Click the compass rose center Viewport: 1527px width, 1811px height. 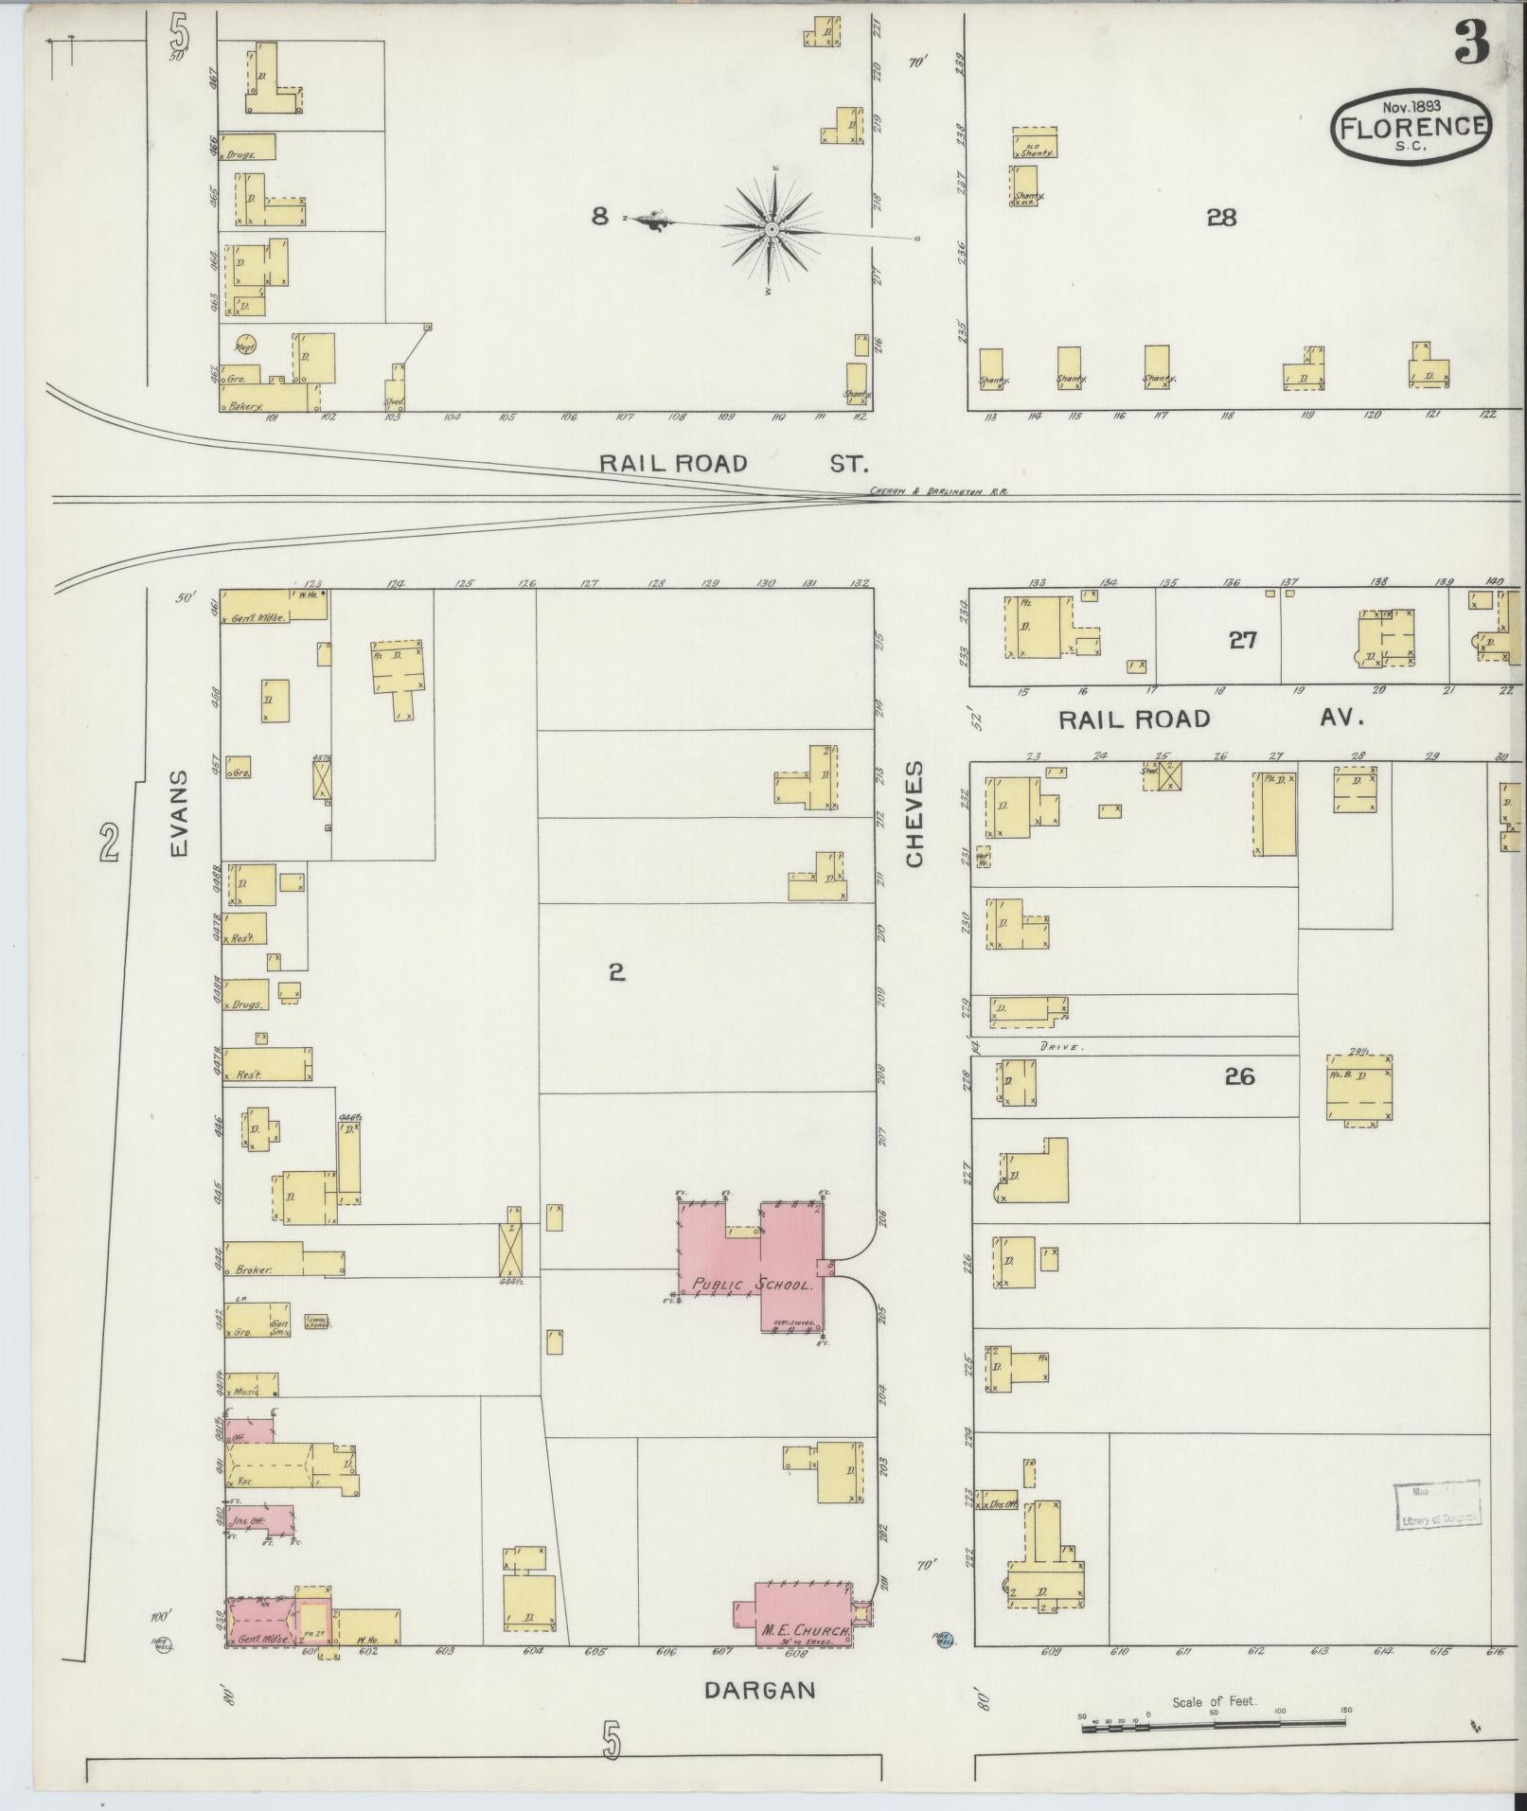point(772,229)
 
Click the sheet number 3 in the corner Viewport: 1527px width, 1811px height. point(1473,43)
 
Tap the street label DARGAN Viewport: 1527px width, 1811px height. point(760,1690)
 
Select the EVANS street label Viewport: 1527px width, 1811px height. point(180,812)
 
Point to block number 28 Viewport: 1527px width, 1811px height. point(1221,218)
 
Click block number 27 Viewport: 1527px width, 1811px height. point(1242,640)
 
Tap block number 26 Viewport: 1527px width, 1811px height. point(1238,1076)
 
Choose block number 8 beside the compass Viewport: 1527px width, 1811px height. point(599,217)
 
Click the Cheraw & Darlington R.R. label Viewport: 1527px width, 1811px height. point(937,492)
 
